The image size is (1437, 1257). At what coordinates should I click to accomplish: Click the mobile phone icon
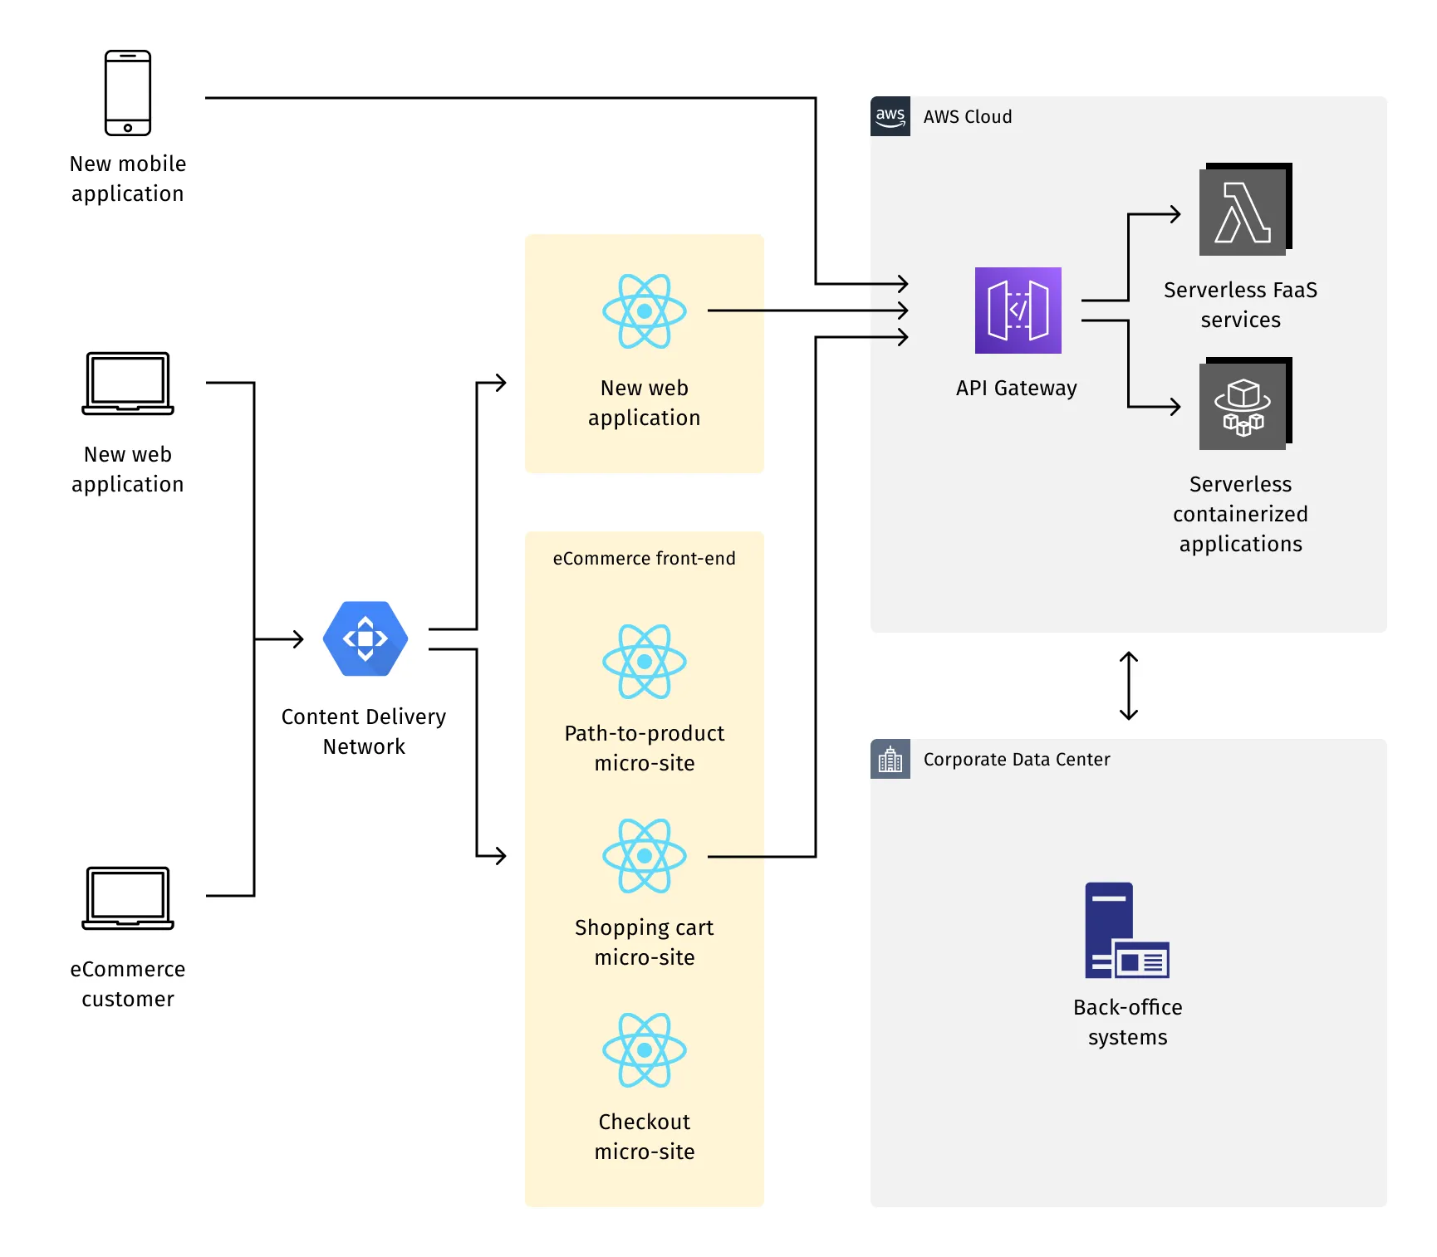click(128, 93)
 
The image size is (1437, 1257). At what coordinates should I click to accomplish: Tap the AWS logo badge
click(890, 116)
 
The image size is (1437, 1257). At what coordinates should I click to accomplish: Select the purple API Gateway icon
click(1018, 311)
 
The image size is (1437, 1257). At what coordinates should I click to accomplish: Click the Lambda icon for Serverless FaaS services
click(1243, 212)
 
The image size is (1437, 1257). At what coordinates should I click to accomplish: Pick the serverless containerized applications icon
click(1243, 406)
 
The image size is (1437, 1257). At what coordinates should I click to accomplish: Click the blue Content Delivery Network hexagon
click(365, 638)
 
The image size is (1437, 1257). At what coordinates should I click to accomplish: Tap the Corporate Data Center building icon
click(890, 759)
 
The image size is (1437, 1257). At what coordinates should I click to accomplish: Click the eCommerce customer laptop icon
click(128, 898)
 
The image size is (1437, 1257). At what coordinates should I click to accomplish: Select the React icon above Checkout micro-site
click(645, 1050)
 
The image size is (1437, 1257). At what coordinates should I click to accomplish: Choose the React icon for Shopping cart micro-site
click(645, 856)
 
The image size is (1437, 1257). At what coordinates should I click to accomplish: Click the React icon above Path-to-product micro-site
click(645, 662)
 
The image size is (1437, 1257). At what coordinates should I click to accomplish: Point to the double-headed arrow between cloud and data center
click(1128, 686)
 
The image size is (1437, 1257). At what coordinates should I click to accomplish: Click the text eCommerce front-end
click(645, 559)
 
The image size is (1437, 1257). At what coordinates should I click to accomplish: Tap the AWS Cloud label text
click(968, 117)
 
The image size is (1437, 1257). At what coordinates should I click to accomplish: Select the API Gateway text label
click(1016, 388)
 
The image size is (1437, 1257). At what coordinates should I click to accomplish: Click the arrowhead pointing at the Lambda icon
click(1175, 214)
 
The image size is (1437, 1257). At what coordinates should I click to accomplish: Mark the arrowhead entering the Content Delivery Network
click(298, 639)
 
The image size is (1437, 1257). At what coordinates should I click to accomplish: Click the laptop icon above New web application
click(128, 383)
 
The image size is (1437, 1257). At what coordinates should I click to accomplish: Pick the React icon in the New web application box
click(645, 311)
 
